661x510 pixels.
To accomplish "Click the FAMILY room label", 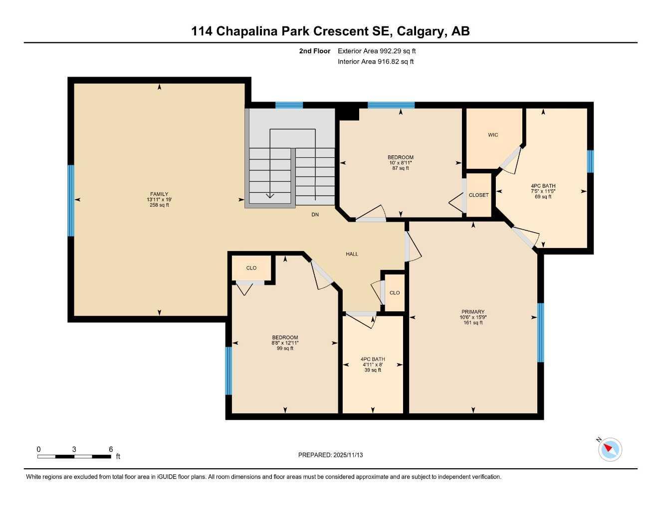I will point(159,194).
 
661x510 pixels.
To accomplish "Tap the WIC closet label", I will point(493,135).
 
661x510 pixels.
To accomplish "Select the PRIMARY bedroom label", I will point(473,312).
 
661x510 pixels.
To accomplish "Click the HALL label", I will point(352,254).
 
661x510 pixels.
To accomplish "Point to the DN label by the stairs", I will point(315,215).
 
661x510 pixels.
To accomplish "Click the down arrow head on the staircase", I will point(270,195).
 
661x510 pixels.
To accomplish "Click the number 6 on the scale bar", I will point(111,449).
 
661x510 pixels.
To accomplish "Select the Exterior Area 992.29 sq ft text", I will point(377,51).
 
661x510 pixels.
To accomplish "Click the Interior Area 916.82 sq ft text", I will point(376,62).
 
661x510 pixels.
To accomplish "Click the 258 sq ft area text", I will point(159,205).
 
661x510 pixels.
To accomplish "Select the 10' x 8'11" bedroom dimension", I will point(401,163).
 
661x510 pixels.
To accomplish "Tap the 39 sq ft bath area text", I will point(373,370).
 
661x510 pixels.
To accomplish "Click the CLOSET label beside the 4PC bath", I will point(478,195).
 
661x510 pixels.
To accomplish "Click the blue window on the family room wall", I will point(71,200).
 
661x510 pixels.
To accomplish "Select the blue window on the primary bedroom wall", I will point(540,332).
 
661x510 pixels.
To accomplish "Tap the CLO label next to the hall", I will point(395,293).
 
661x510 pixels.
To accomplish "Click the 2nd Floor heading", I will point(314,51).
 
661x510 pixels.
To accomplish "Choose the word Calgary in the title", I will point(423,31).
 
